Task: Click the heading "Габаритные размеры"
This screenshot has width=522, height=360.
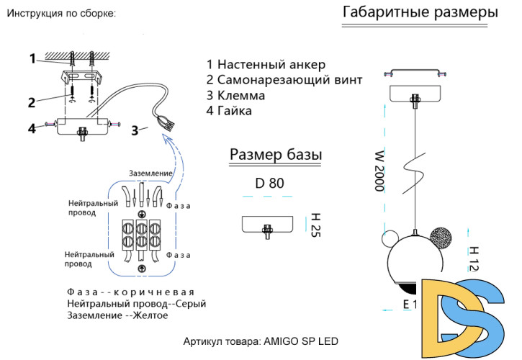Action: pos(420,13)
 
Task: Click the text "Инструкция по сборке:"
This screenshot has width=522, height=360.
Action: pos(60,14)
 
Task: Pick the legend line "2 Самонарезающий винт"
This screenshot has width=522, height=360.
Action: pos(284,79)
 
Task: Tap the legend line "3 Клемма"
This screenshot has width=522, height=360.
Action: pos(235,95)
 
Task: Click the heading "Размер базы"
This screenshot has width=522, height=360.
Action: pos(275,155)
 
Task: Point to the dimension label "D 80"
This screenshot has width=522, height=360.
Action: pos(269,183)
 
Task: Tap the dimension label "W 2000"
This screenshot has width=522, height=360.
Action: pos(378,170)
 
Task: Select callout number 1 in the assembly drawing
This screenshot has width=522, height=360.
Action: pos(32,58)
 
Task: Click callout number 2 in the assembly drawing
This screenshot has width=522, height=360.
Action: pos(32,102)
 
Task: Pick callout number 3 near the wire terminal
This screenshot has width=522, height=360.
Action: pos(135,131)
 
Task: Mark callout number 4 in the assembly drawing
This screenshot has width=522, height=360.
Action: pos(32,129)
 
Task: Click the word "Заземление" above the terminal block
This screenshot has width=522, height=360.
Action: pos(150,174)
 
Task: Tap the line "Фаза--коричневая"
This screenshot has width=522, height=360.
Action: pos(130,292)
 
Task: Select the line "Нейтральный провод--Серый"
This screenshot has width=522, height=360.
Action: pos(136,304)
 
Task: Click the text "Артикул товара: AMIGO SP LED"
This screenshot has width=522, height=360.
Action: pos(261,341)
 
